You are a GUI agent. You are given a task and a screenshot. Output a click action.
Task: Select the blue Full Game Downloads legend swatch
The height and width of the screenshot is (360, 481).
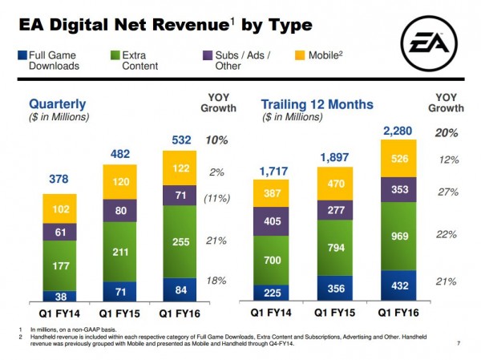tap(22, 55)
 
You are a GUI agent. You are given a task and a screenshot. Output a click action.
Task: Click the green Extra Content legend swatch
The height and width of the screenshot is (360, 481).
tap(116, 55)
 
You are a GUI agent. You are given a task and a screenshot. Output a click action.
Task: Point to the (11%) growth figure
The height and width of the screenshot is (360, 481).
tap(217, 198)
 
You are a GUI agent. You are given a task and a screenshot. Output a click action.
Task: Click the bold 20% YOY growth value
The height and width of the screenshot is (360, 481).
tap(447, 132)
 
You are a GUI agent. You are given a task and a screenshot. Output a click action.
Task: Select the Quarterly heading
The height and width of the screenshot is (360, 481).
tap(59, 104)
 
